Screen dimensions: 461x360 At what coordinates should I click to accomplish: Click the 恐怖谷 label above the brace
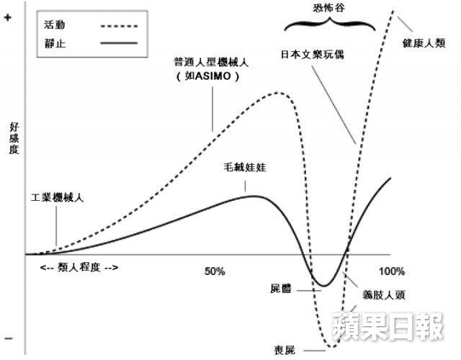point(328,7)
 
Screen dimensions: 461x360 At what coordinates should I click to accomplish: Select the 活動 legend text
point(55,24)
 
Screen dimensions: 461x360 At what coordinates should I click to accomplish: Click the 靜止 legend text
point(55,43)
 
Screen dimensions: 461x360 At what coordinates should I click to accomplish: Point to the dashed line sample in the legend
point(119,26)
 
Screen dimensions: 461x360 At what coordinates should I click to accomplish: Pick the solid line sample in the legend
point(119,43)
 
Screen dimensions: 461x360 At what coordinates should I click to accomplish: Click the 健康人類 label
point(424,43)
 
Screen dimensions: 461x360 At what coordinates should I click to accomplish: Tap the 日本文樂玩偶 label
point(312,55)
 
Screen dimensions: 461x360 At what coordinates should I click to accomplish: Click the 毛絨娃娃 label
point(245,167)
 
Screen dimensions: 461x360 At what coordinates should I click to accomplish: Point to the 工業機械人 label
point(58,197)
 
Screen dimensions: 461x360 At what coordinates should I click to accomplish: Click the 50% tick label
point(215,271)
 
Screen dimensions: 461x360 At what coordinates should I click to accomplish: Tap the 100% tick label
point(392,271)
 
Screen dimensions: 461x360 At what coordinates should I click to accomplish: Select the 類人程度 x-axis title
point(79,267)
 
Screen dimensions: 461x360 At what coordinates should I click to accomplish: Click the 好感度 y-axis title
point(14,138)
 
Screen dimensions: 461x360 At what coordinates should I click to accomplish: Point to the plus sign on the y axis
point(7,17)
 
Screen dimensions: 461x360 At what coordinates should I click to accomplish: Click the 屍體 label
point(281,289)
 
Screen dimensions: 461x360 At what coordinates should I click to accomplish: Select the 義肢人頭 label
point(384,294)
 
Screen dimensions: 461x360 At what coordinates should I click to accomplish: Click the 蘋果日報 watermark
point(388,326)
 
